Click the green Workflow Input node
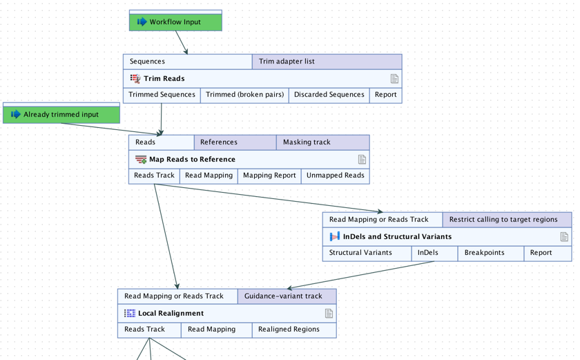point(175,21)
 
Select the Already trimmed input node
point(61,114)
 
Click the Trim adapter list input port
point(327,61)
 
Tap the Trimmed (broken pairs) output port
point(244,95)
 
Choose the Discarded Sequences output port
point(329,95)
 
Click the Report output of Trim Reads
point(385,95)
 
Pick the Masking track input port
point(322,142)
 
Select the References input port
point(235,142)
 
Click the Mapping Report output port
point(269,176)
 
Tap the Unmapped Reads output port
point(335,176)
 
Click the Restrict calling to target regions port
point(506,220)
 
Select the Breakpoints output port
point(484,253)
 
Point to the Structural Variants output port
point(360,253)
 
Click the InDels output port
point(427,253)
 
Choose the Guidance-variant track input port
point(287,296)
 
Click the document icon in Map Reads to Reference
point(362,160)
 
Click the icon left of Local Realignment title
point(130,314)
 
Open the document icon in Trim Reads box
point(394,79)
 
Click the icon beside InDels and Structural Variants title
point(334,237)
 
